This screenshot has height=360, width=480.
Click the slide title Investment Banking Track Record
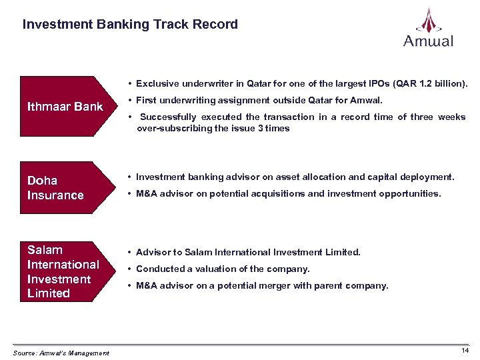(130, 25)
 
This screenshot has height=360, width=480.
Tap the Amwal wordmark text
(428, 41)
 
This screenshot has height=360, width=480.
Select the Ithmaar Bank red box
(65, 107)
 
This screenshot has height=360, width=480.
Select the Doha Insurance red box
(65, 188)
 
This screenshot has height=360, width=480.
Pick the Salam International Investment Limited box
(65, 272)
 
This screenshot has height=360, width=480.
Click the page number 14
(465, 350)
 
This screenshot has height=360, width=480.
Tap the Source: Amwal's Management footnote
(61, 353)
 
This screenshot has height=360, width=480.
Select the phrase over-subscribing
(169, 129)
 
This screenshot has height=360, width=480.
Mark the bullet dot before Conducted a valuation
(129, 269)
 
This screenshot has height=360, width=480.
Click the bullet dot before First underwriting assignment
(129, 101)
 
